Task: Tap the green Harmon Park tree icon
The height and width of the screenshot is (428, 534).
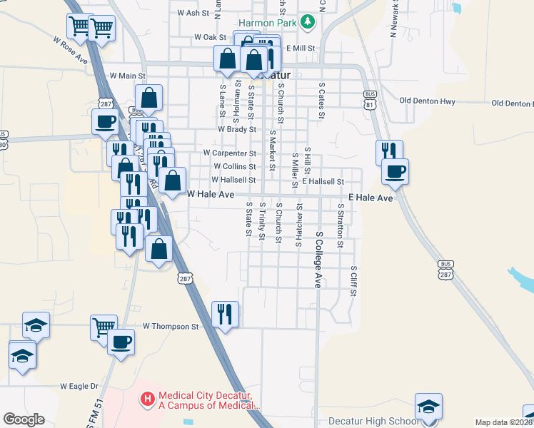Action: tap(308, 22)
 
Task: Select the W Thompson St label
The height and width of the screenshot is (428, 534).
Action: tap(170, 326)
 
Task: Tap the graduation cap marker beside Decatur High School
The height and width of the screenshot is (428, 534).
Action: tap(428, 407)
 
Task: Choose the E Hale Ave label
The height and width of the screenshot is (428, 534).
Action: tap(371, 198)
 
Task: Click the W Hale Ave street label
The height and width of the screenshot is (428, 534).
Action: tap(211, 194)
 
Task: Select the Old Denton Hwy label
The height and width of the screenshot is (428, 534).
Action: tap(428, 101)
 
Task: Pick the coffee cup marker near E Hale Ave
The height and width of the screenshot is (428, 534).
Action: tap(395, 171)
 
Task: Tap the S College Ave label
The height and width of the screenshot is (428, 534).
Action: tap(319, 259)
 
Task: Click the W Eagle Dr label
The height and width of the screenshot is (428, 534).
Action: tap(79, 386)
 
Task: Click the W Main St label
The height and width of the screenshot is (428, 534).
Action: tap(127, 75)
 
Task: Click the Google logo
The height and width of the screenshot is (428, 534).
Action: tap(24, 419)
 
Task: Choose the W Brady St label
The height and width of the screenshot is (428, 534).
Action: tap(237, 130)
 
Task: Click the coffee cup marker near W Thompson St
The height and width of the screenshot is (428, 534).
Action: tap(121, 342)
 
